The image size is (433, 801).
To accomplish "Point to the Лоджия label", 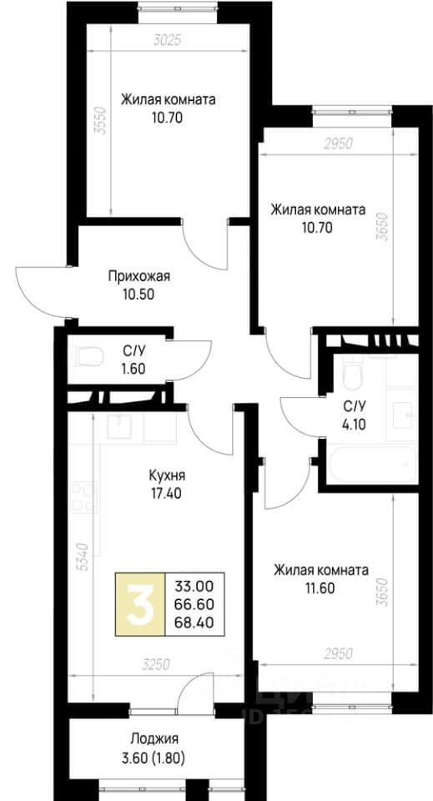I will (x=154, y=738).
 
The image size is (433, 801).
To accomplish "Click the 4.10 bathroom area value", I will (x=354, y=422).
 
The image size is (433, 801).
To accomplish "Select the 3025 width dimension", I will (x=169, y=38).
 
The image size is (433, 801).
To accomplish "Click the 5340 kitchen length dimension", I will (x=80, y=557).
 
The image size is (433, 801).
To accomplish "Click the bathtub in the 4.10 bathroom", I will (x=372, y=461).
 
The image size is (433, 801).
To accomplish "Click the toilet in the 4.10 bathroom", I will (x=352, y=373).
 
